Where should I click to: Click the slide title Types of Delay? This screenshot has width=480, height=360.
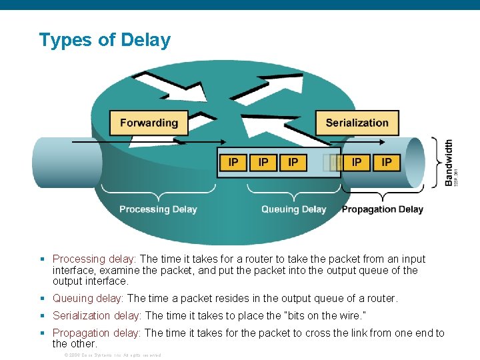[x=105, y=40]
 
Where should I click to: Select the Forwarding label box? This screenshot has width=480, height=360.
[x=149, y=123]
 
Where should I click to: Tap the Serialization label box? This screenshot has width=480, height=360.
[x=357, y=123]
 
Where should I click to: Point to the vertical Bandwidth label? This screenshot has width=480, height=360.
[x=449, y=162]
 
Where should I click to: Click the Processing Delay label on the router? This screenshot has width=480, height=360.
[x=158, y=209]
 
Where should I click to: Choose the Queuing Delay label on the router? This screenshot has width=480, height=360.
[x=293, y=209]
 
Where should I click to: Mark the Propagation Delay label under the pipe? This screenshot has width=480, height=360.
[x=383, y=209]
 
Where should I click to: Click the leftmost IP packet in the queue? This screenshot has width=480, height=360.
[x=233, y=162]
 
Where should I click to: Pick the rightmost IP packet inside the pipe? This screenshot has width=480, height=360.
[x=387, y=162]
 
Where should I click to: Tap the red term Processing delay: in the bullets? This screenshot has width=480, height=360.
[x=95, y=259]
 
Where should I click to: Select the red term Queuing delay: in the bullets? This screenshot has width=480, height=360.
[x=88, y=299]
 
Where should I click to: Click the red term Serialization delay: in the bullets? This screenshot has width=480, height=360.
[x=97, y=315]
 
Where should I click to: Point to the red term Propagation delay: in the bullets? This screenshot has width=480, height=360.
[x=97, y=333]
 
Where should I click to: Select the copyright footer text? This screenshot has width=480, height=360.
[x=112, y=355]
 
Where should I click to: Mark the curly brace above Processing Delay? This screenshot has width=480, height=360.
[x=158, y=197]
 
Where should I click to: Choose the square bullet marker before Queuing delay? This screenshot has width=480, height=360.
[x=43, y=299]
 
